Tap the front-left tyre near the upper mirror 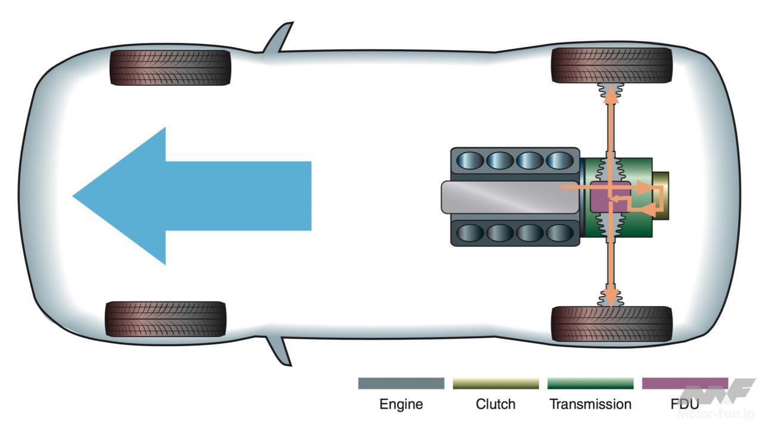pyautogui.click(x=170, y=67)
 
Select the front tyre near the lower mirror pyautogui.click(x=166, y=319)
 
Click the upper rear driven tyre pyautogui.click(x=612, y=66)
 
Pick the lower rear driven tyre pyautogui.click(x=612, y=324)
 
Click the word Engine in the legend pyautogui.click(x=401, y=404)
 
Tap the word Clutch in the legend pyautogui.click(x=495, y=404)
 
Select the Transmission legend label pyautogui.click(x=590, y=404)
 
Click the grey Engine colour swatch pyautogui.click(x=401, y=383)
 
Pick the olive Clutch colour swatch pyautogui.click(x=495, y=383)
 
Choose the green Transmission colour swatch pyautogui.click(x=590, y=383)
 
